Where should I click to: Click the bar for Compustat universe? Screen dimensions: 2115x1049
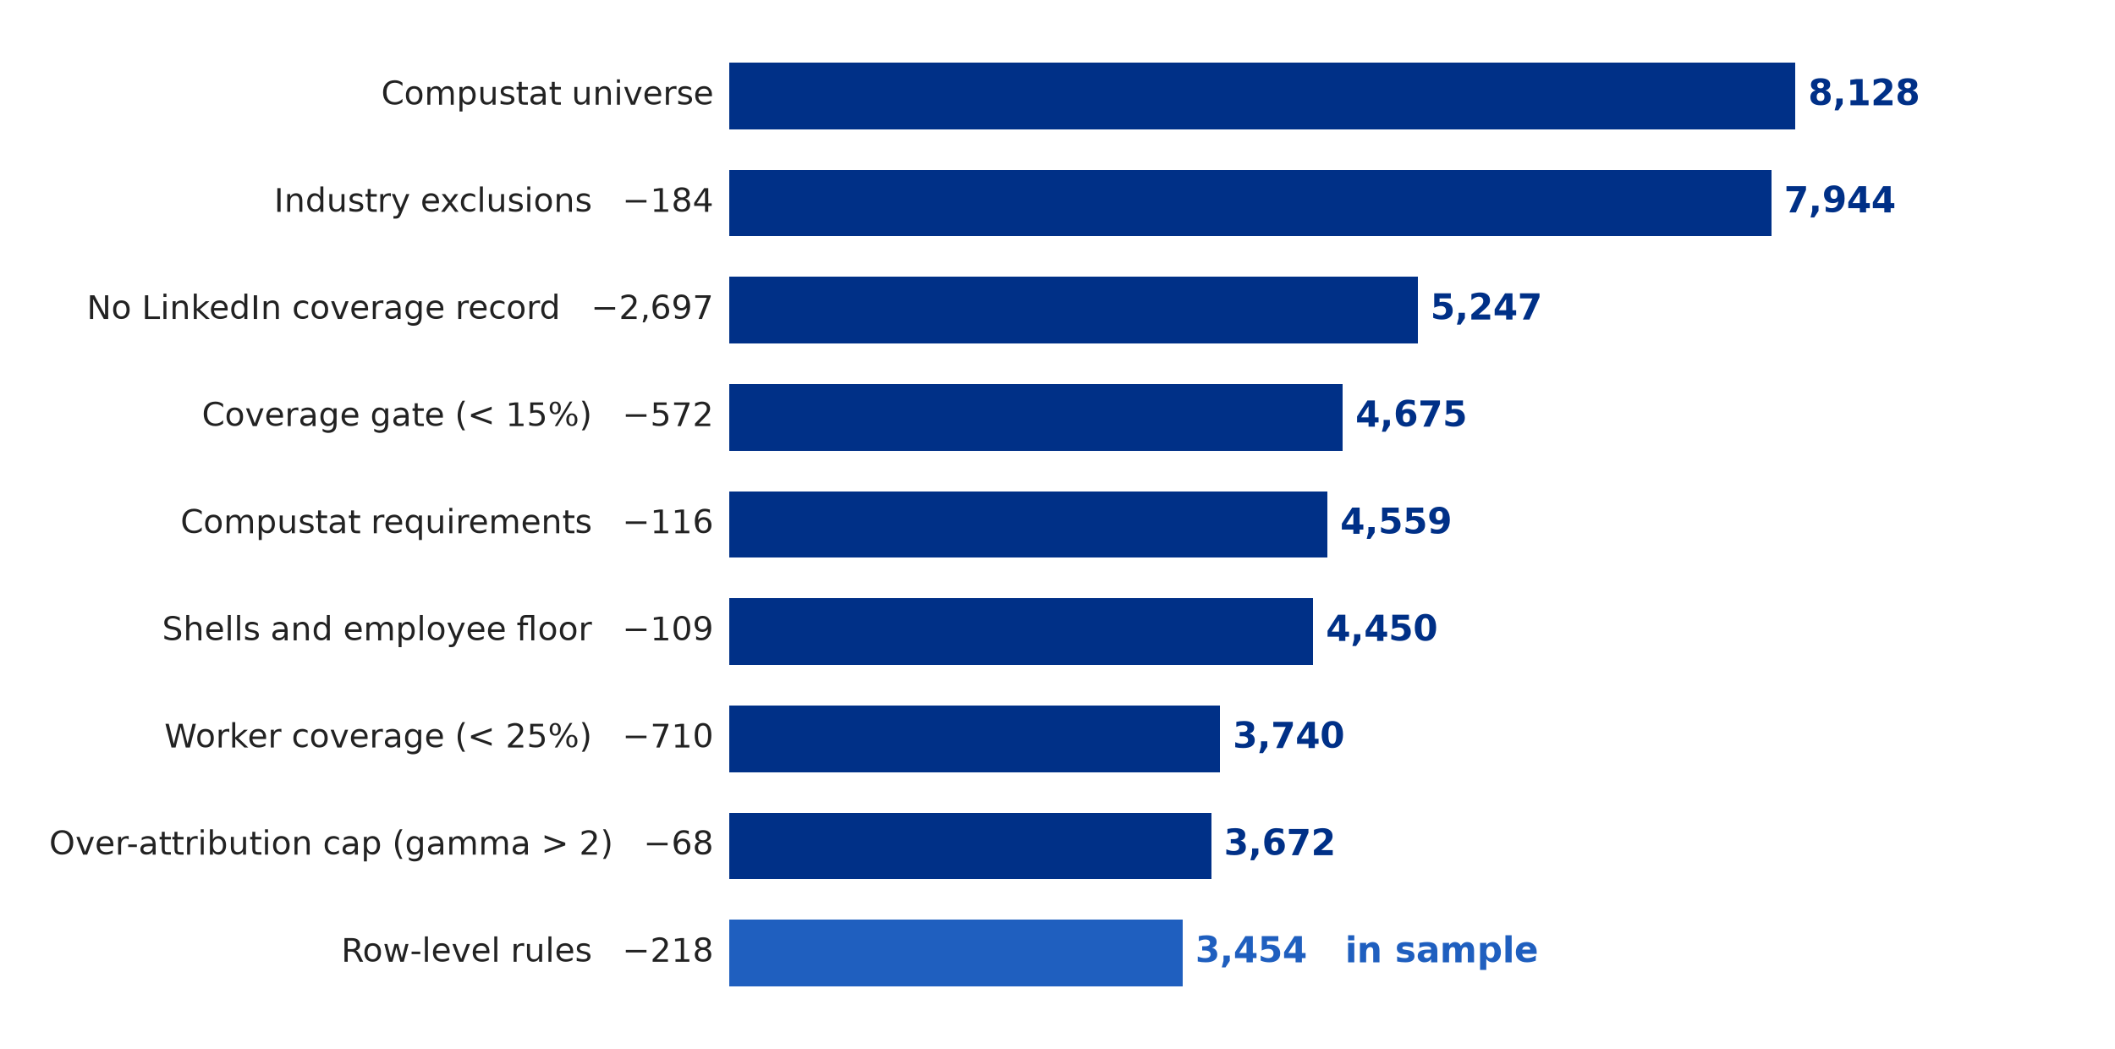1261,96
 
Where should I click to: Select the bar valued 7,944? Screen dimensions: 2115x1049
1250,203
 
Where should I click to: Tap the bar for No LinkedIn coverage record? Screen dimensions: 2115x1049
1073,310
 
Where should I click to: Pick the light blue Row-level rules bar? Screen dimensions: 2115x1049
955,953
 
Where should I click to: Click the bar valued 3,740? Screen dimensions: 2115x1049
974,739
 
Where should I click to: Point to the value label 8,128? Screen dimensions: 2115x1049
1863,94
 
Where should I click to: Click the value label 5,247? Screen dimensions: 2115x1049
1486,308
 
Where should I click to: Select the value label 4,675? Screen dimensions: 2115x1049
1410,415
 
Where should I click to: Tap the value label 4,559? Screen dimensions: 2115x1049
1395,522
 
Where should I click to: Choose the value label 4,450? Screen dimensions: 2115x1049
1381,629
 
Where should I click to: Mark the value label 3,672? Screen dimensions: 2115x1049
1279,843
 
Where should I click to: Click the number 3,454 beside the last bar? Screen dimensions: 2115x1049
1250,951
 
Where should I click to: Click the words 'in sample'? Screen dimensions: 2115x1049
1441,950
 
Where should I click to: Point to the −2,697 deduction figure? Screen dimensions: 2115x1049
652,308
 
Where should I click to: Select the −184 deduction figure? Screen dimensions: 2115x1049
668,201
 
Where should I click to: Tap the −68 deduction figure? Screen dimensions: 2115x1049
678,843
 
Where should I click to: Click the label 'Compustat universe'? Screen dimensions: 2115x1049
547,94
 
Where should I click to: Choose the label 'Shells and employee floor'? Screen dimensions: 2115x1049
376,629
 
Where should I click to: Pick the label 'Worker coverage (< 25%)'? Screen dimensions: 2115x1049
378,737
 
